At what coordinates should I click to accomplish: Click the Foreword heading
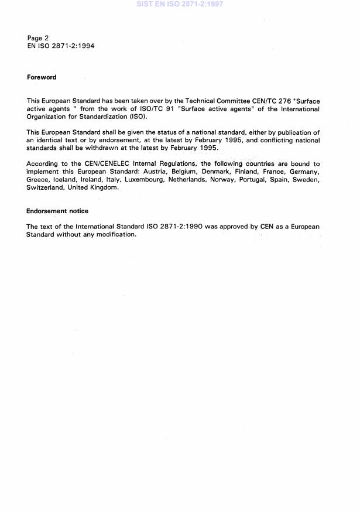42,77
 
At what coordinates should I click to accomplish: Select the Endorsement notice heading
57,211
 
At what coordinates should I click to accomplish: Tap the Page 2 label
37,38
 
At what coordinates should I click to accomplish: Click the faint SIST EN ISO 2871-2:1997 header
179,4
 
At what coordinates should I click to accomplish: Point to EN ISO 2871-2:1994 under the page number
60,46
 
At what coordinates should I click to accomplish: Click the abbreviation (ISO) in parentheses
138,117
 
